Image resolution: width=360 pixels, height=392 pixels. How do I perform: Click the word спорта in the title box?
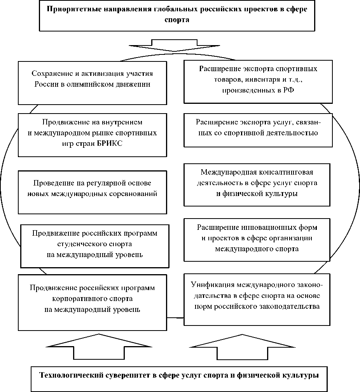pos(177,20)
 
